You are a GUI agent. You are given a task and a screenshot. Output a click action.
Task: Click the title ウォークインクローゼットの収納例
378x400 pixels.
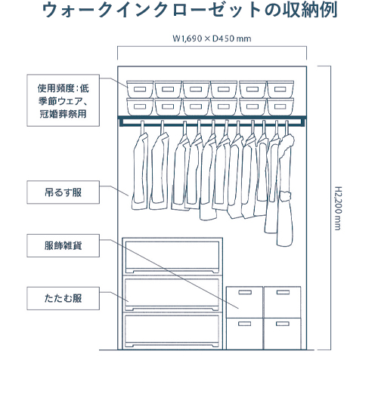tap(190, 11)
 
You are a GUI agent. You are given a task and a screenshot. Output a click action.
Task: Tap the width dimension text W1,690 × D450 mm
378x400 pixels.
tap(212, 38)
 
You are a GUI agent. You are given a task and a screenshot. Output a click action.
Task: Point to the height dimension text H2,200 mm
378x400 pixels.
tap(338, 208)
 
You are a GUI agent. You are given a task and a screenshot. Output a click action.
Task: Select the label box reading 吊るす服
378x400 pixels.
tap(64, 192)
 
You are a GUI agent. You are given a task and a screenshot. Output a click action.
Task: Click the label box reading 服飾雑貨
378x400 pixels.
tap(64, 246)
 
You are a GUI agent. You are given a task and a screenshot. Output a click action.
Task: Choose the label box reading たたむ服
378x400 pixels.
tap(64, 298)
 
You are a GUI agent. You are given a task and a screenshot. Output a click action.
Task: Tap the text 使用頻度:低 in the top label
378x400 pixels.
tap(64, 88)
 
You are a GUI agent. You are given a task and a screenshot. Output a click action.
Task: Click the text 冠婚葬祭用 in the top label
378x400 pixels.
tap(64, 114)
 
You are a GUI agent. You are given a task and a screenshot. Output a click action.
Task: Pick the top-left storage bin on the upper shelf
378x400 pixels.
tap(140, 89)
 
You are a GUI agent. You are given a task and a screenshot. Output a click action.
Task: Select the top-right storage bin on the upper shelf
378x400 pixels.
tap(280, 89)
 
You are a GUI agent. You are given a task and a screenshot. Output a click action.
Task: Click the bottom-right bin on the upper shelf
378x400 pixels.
tap(280, 107)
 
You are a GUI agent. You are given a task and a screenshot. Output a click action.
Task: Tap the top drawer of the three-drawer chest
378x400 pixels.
tap(172, 256)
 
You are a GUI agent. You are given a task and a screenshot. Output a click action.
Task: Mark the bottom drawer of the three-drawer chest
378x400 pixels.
tap(172, 331)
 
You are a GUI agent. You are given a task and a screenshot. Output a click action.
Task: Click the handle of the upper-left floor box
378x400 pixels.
tap(245, 292)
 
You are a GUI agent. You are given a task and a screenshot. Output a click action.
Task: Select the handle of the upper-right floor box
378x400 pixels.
tap(283, 292)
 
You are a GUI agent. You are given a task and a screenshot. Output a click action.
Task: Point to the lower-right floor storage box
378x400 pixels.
tap(282, 334)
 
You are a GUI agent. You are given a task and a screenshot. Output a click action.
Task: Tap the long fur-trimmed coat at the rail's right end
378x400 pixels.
tap(285, 187)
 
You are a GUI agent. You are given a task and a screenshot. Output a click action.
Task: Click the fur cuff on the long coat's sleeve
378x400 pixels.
tap(286, 195)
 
